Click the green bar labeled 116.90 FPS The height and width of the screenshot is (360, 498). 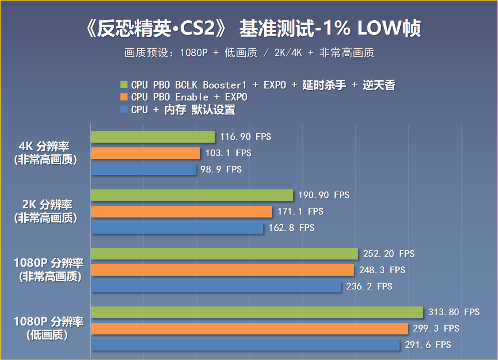tap(153, 137)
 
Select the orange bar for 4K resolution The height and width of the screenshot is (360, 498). tap(146, 153)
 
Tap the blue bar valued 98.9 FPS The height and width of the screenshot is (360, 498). tap(143, 169)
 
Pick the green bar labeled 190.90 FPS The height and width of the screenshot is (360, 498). tap(192, 195)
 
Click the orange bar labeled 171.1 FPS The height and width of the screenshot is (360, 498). tap(181, 212)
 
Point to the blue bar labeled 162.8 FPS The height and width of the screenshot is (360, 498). tap(177, 228)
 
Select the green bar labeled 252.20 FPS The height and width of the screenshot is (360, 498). tap(224, 254)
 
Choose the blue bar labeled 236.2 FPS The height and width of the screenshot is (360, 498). tap(216, 287)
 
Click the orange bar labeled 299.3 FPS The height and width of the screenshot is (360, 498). tap(249, 329)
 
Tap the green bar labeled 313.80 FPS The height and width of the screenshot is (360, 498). tap(257, 313)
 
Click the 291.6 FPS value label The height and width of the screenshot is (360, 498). tap(428, 345)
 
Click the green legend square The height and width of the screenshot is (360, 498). tap(124, 85)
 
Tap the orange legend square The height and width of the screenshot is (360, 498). tap(124, 97)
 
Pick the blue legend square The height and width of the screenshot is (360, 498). tap(124, 110)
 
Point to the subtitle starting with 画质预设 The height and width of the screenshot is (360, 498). tap(249, 53)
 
